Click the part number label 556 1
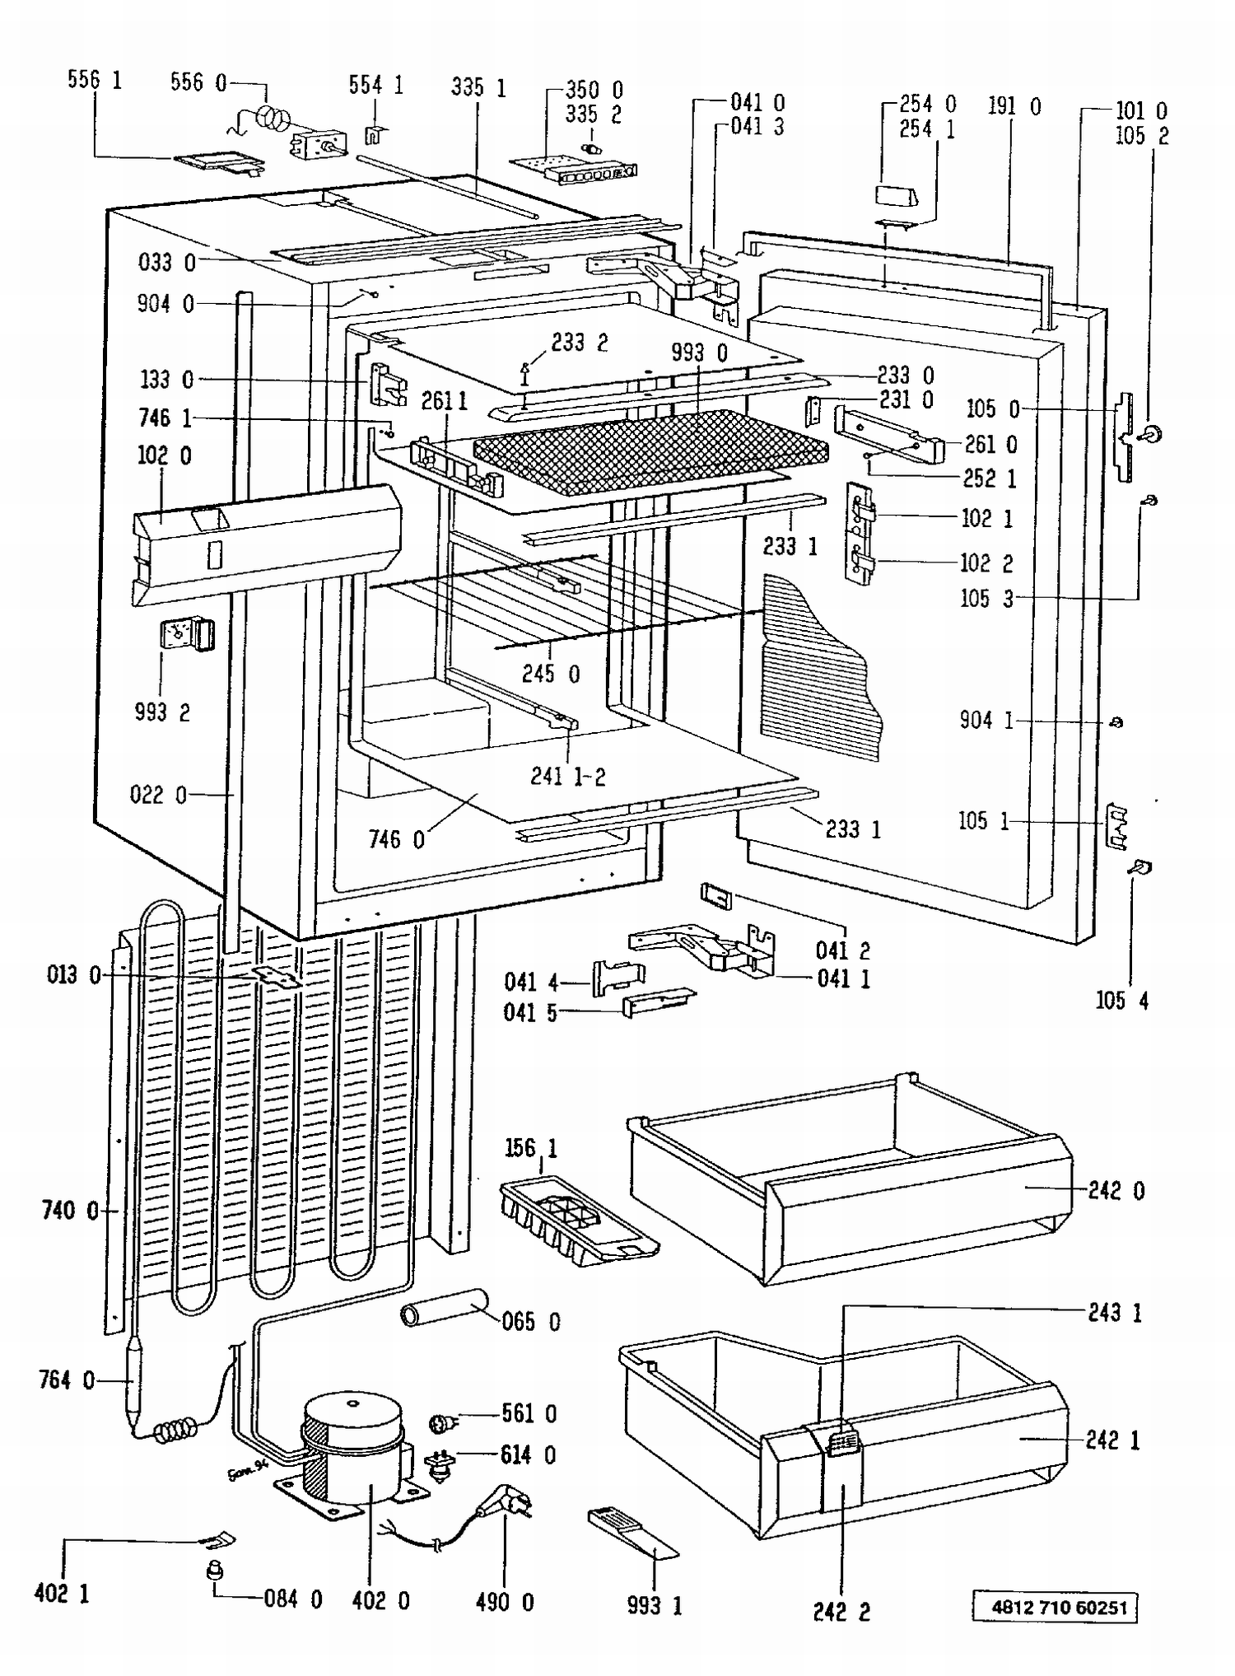pos(94,80)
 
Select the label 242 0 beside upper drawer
pos(1116,1190)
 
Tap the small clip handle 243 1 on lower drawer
pos(842,1444)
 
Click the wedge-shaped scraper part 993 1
pos(633,1533)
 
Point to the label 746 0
pos(396,839)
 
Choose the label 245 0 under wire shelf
pos(550,674)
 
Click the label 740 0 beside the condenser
pos(69,1210)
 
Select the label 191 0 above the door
pos(1014,106)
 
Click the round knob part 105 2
pos(1152,433)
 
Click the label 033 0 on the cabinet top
pos(166,262)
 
